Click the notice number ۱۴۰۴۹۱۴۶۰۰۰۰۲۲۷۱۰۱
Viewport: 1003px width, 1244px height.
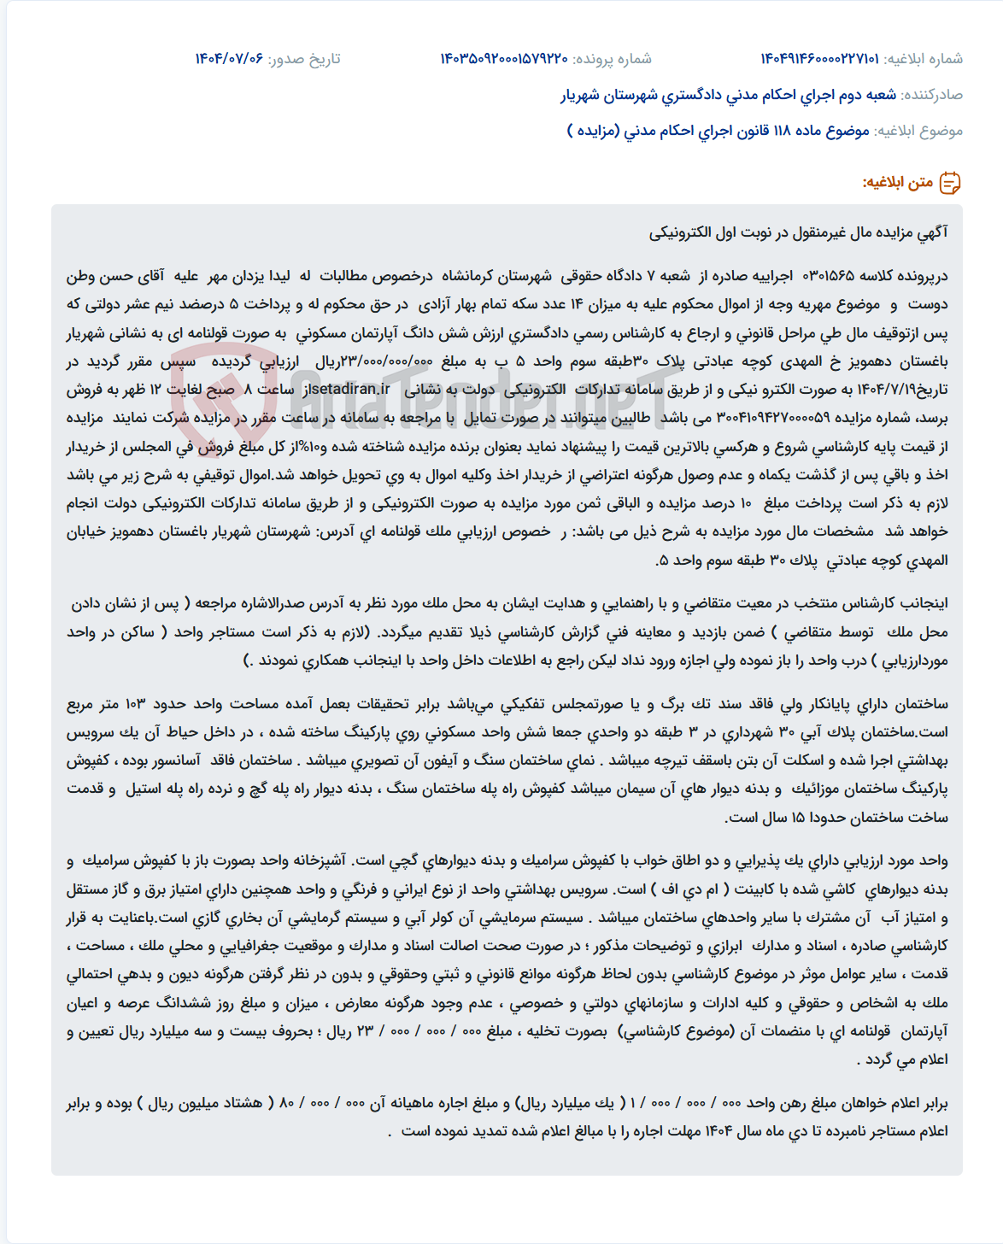[x=819, y=59]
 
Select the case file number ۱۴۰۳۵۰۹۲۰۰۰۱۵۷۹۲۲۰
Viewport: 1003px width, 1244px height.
[x=504, y=59]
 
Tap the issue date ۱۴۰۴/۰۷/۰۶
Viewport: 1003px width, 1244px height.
[x=229, y=59]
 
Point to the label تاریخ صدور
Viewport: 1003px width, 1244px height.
[x=304, y=59]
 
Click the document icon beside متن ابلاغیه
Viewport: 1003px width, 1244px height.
[x=950, y=183]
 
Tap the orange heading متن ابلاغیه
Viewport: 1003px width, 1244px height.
[x=897, y=183]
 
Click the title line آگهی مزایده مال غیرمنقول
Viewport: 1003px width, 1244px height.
[x=798, y=232]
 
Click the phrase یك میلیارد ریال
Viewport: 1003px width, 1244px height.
[x=566, y=1103]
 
